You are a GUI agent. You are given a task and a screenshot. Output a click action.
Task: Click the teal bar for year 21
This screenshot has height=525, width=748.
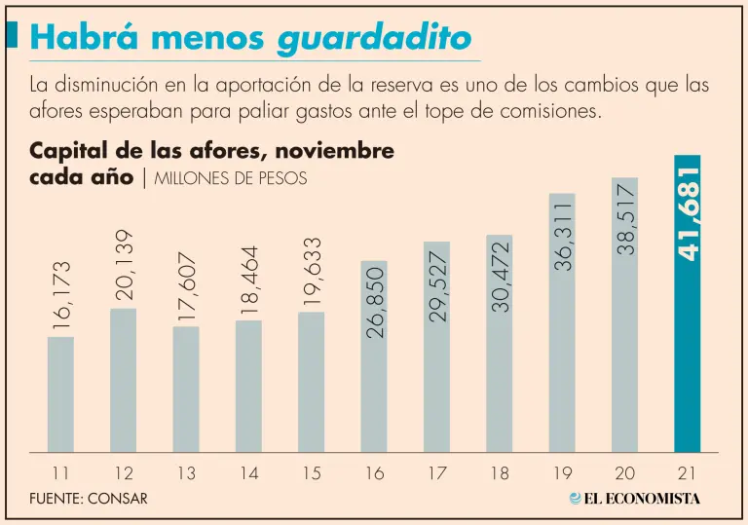tap(687, 351)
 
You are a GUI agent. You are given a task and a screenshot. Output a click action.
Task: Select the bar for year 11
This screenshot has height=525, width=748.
tap(60, 394)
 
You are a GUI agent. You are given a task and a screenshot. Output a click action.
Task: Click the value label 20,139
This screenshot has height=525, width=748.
tap(124, 265)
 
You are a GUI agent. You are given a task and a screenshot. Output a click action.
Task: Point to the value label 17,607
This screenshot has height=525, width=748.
tap(187, 288)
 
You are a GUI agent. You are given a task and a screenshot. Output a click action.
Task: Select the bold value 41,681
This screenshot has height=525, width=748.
tap(688, 212)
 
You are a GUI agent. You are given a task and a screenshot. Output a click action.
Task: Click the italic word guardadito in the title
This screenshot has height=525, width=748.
tap(375, 38)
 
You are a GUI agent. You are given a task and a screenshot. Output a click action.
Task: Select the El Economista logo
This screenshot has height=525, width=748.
tap(634, 499)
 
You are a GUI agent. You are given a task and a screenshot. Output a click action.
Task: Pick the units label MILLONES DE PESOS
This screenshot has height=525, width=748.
tap(231, 179)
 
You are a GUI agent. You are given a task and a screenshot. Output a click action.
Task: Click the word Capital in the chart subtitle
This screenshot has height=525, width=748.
tap(72, 151)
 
